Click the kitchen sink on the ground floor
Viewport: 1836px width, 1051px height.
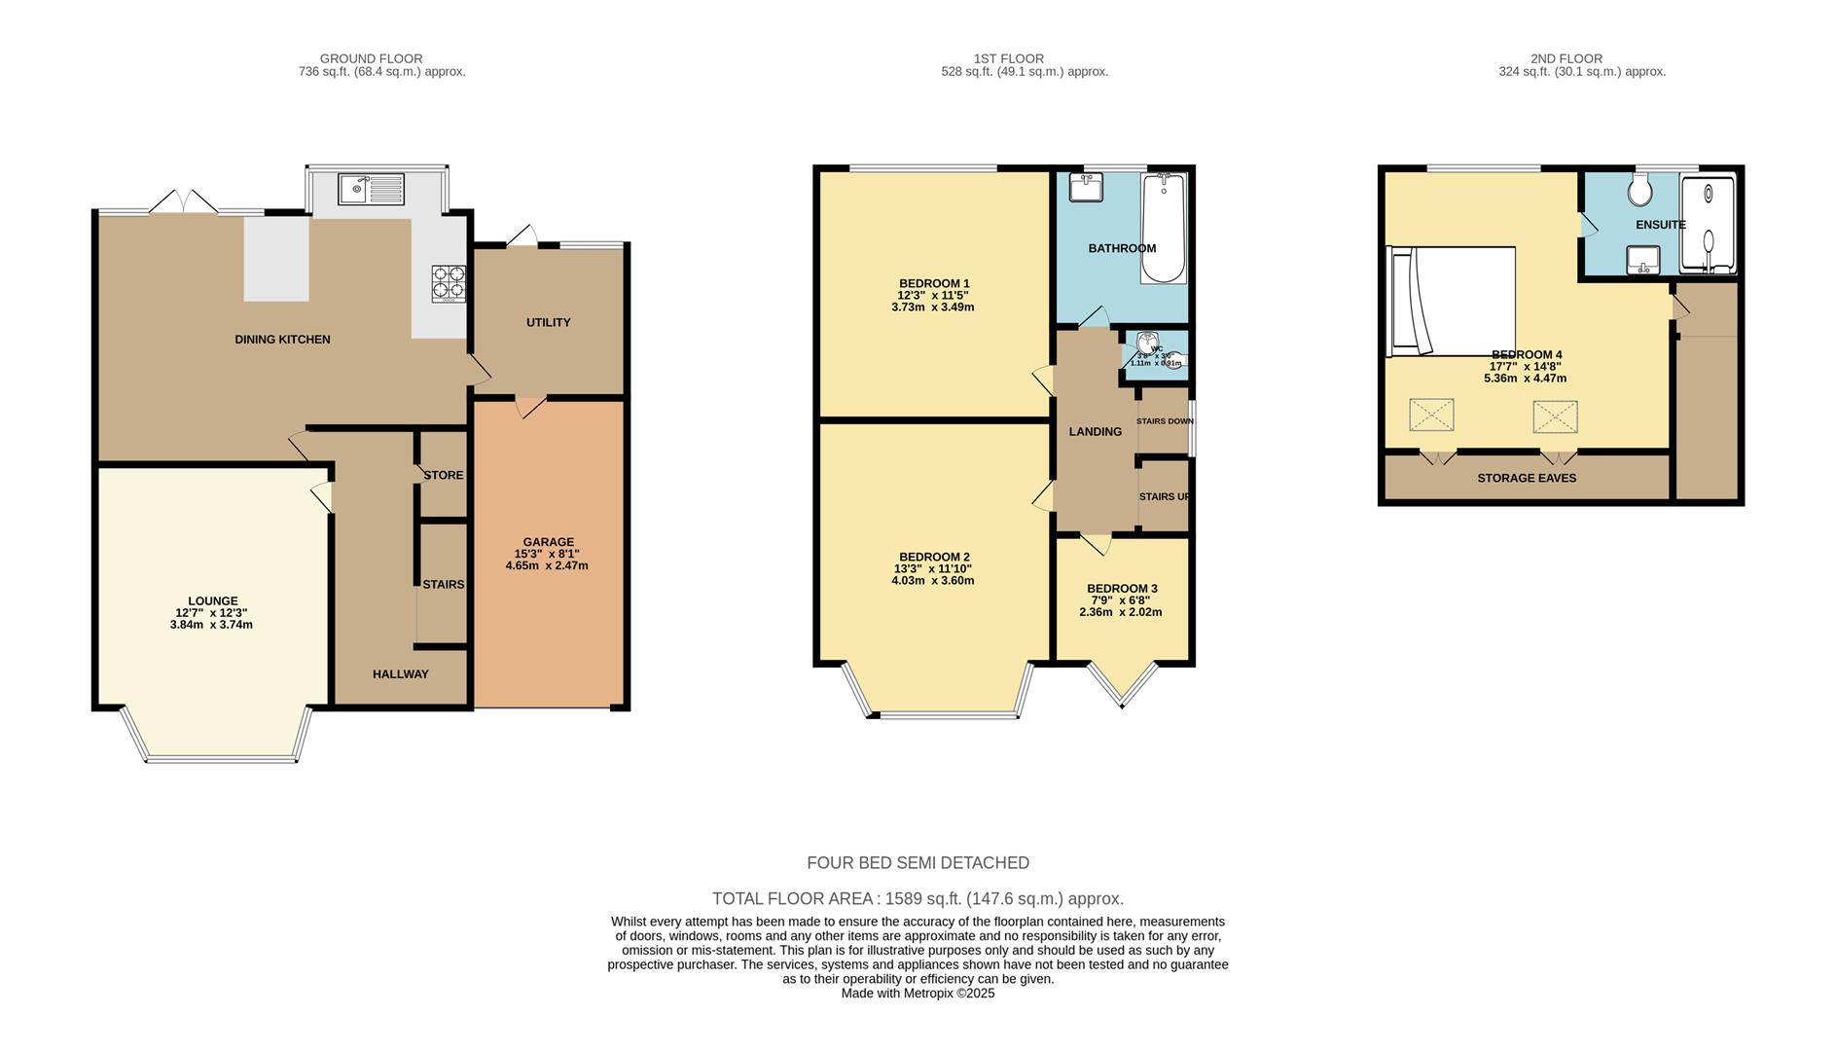tap(371, 187)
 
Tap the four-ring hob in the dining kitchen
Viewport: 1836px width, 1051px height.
tap(448, 283)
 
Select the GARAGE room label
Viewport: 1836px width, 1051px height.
tap(548, 542)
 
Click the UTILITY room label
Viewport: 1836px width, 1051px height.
tap(548, 322)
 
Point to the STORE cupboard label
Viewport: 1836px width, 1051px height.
tap(444, 475)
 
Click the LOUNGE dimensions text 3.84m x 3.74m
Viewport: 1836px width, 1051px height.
tap(210, 625)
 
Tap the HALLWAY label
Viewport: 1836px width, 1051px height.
tap(400, 673)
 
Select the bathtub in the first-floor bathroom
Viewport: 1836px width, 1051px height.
tap(1163, 228)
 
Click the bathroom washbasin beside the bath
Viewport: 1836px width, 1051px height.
tap(1085, 187)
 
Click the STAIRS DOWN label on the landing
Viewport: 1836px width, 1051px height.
tap(1164, 421)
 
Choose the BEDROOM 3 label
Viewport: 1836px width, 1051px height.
tap(1121, 589)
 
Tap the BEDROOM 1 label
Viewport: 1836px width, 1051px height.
tap(932, 283)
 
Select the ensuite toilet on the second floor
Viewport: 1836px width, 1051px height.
tap(1639, 192)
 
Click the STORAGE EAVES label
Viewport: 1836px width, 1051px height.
tap(1526, 478)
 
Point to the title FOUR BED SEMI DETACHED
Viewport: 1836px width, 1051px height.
tap(918, 862)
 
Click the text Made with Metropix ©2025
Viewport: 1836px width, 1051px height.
tap(918, 994)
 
